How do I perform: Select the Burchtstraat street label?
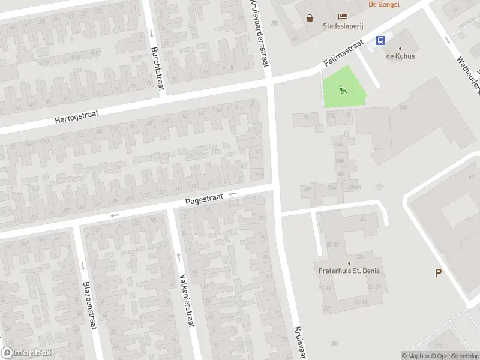158,68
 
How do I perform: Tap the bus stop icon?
380,41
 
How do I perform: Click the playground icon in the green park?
343,90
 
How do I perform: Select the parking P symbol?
438,273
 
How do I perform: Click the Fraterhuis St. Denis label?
349,271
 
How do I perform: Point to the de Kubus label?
400,56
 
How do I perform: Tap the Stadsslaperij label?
339,26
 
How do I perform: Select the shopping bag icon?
310,17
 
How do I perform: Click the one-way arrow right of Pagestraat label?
232,193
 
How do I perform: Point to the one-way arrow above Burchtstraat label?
152,33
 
